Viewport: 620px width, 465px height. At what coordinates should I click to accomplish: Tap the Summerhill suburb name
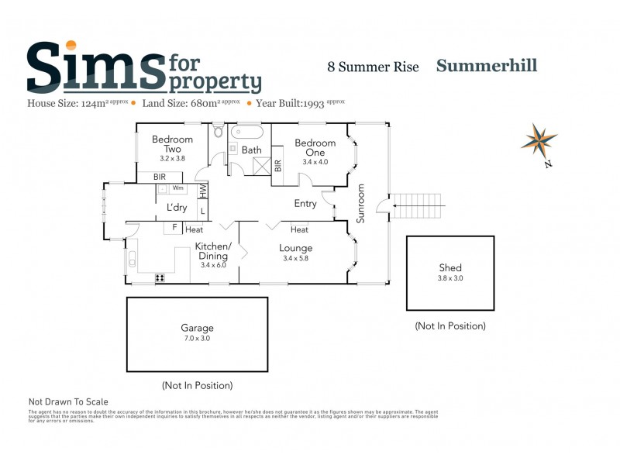[487, 66]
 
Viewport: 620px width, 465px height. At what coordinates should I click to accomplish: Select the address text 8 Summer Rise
[373, 67]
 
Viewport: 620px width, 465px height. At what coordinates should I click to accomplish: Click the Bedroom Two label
[167, 144]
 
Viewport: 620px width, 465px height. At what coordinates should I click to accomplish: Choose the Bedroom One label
[315, 148]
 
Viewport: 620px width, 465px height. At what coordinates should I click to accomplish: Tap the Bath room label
[251, 150]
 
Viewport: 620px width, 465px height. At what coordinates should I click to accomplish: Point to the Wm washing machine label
[177, 188]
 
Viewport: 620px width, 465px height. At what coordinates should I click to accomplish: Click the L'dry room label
[177, 208]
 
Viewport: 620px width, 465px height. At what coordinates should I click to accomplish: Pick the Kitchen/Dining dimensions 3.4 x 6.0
[212, 265]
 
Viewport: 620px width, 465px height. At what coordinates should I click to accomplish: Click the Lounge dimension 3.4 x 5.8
[295, 258]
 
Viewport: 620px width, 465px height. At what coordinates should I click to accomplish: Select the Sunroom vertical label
[360, 203]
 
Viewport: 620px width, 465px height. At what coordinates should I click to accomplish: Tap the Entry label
[305, 204]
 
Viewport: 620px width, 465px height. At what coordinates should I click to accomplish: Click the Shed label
[449, 268]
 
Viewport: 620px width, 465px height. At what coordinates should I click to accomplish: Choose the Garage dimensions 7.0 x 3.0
[197, 338]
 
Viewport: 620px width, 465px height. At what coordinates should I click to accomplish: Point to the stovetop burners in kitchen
[160, 277]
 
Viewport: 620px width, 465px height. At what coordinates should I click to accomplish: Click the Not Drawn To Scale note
[68, 401]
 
